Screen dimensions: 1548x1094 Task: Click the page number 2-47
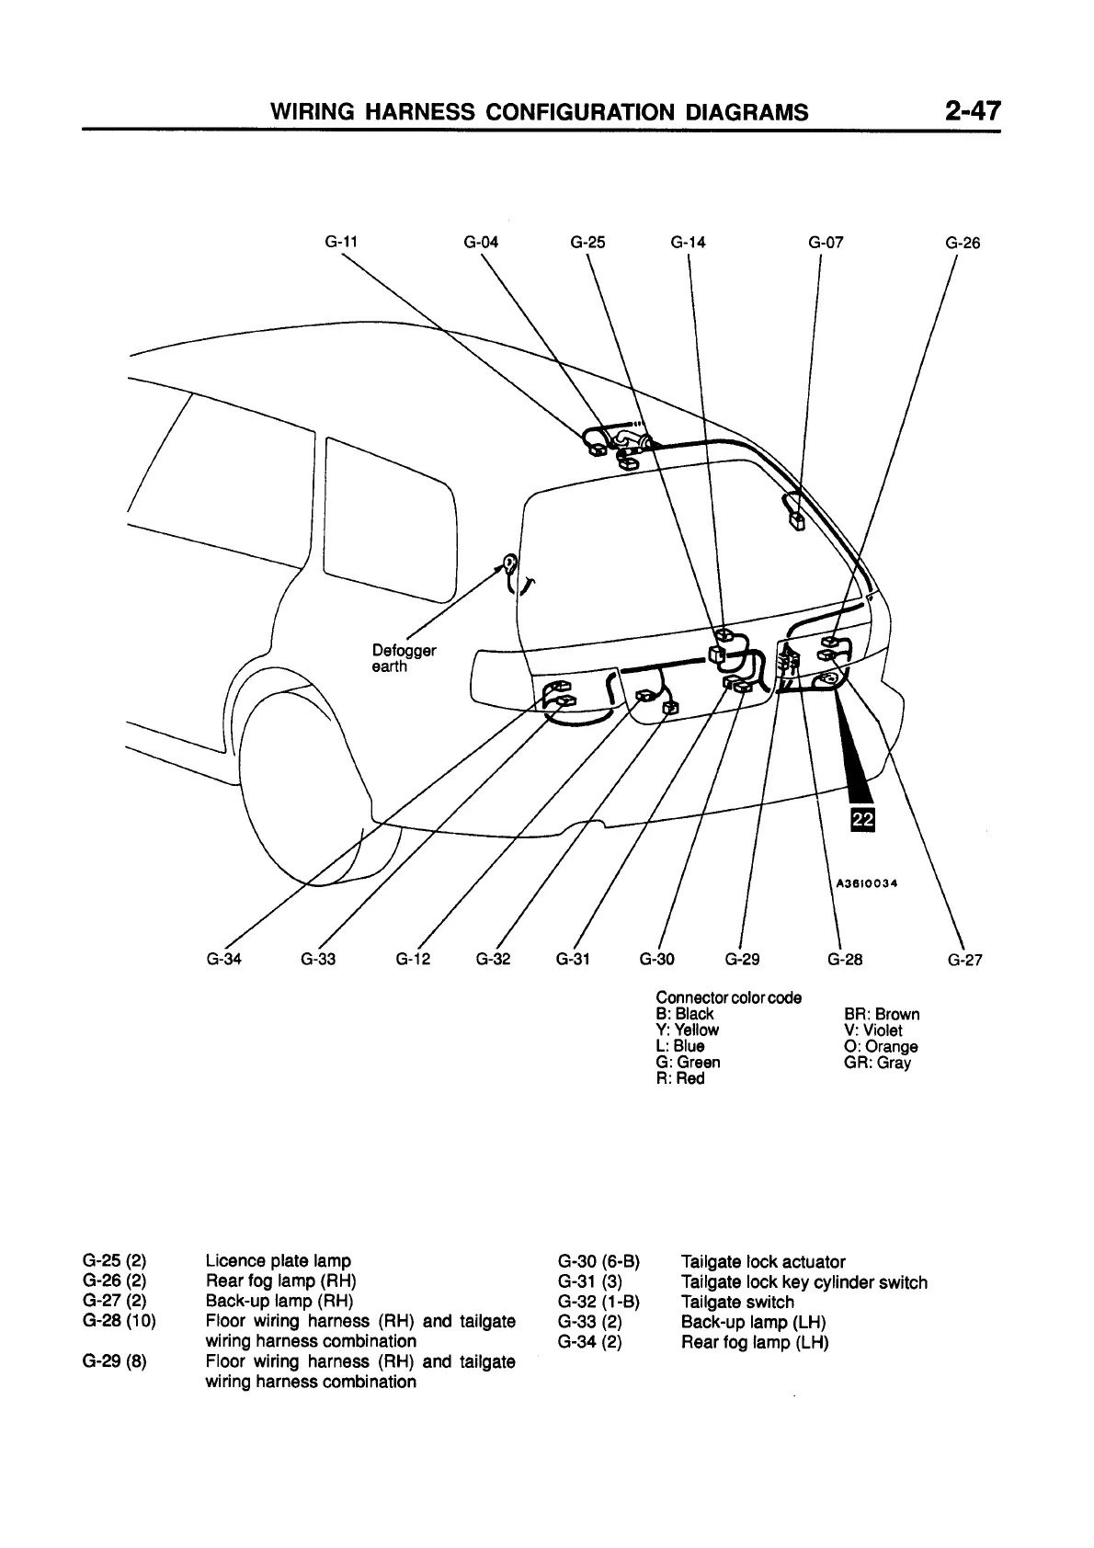pyautogui.click(x=971, y=111)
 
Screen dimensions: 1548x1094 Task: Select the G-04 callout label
pyautogui.click(x=481, y=243)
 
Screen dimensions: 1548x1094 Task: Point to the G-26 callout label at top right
pyautogui.click(x=963, y=243)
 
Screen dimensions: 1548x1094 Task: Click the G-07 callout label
pyautogui.click(x=826, y=243)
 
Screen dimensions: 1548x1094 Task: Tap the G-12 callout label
pyautogui.click(x=413, y=960)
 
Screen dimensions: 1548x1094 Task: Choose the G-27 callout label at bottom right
pyautogui.click(x=965, y=961)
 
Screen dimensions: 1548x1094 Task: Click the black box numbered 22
pyautogui.click(x=863, y=819)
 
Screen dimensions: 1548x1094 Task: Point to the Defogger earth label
pyautogui.click(x=403, y=658)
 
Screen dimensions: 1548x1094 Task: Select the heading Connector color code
pyautogui.click(x=728, y=997)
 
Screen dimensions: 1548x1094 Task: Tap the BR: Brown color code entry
pyautogui.click(x=881, y=1014)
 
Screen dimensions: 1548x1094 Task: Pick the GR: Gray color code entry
pyautogui.click(x=877, y=1063)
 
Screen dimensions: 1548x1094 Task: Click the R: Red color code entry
pyautogui.click(x=679, y=1078)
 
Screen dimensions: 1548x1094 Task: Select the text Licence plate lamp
pyautogui.click(x=279, y=1260)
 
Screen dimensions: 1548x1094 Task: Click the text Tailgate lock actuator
pyautogui.click(x=762, y=1261)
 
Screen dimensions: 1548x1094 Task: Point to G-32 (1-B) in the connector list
pyautogui.click(x=598, y=1302)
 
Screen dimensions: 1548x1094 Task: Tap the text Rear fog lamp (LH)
pyautogui.click(x=754, y=1342)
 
